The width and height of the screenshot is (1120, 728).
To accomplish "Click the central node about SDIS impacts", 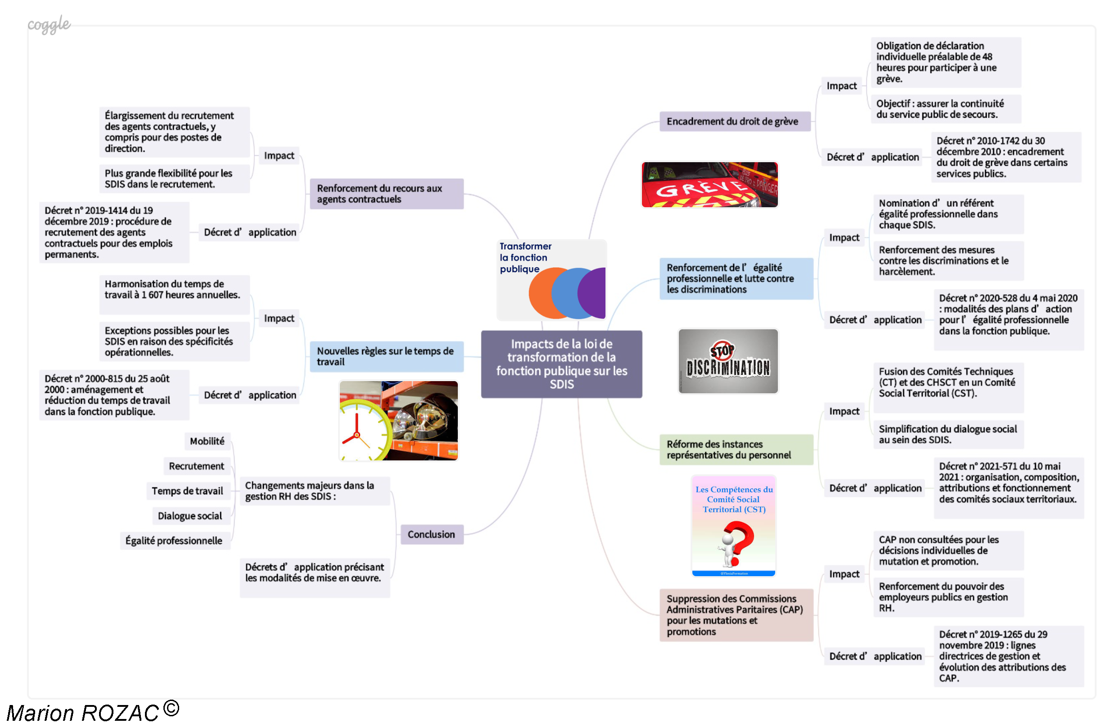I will [x=561, y=364].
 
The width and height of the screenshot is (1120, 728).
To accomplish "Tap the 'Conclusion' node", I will [x=432, y=534].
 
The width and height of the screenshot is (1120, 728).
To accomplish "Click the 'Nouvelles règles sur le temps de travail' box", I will [x=386, y=356].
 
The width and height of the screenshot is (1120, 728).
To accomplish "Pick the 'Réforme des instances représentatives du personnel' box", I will [x=736, y=450].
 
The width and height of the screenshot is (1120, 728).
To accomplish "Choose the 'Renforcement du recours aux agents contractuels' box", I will [x=386, y=194].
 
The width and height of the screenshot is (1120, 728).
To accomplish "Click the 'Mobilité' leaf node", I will [x=207, y=441].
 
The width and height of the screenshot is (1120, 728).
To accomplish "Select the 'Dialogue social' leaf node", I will [x=190, y=516].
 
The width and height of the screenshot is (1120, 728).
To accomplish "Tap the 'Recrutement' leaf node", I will [x=197, y=466].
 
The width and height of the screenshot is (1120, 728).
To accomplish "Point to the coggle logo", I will [x=49, y=23].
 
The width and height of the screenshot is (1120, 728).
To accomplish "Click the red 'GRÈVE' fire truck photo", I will [x=709, y=185].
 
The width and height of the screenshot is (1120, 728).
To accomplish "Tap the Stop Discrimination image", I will [x=727, y=361].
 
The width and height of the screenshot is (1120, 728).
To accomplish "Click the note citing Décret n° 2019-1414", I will [x=114, y=232].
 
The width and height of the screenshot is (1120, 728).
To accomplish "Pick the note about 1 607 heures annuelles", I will [x=174, y=294].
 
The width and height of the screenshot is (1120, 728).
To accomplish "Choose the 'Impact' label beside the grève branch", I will [x=841, y=86].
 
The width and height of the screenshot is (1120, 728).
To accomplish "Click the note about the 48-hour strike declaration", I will [x=945, y=62].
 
